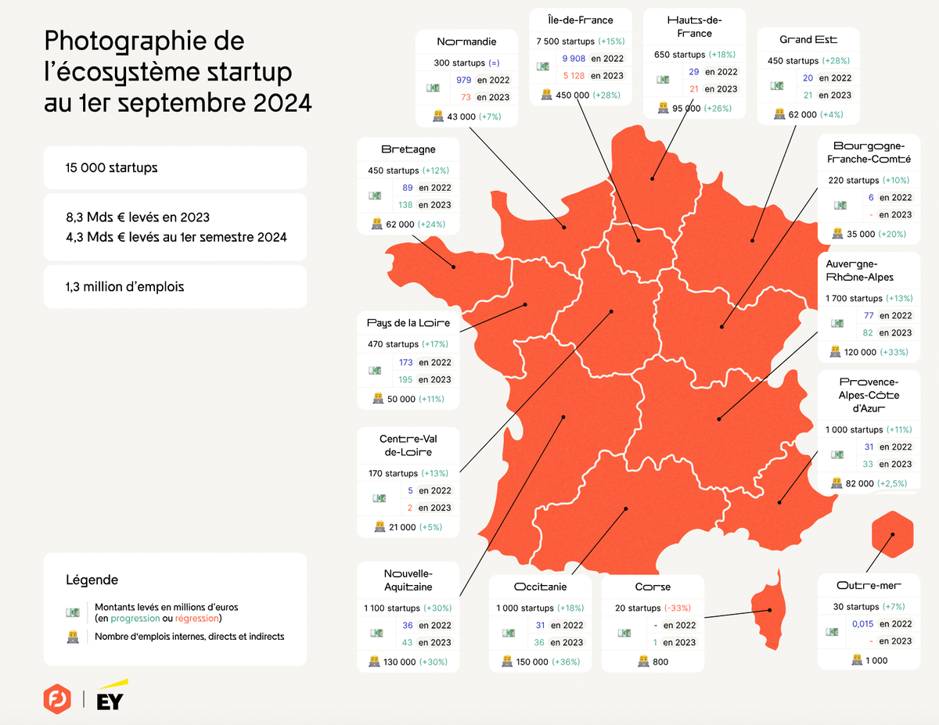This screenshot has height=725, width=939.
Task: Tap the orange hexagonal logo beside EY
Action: pos(57,698)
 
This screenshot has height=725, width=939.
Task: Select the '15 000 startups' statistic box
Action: pos(174,168)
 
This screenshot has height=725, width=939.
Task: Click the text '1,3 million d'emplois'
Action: pos(125,287)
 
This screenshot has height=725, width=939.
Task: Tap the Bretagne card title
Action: pos(408,149)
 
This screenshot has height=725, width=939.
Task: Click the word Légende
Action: pos(92,580)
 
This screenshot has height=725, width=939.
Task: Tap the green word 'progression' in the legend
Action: pos(135,619)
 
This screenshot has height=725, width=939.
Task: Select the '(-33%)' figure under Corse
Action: pos(678,608)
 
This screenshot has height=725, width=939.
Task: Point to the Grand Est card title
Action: pos(808,40)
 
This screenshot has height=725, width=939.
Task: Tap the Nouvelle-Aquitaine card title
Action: pos(408,580)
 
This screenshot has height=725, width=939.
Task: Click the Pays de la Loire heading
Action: pos(408,323)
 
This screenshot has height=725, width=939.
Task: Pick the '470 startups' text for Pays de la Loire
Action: pos(393,344)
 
